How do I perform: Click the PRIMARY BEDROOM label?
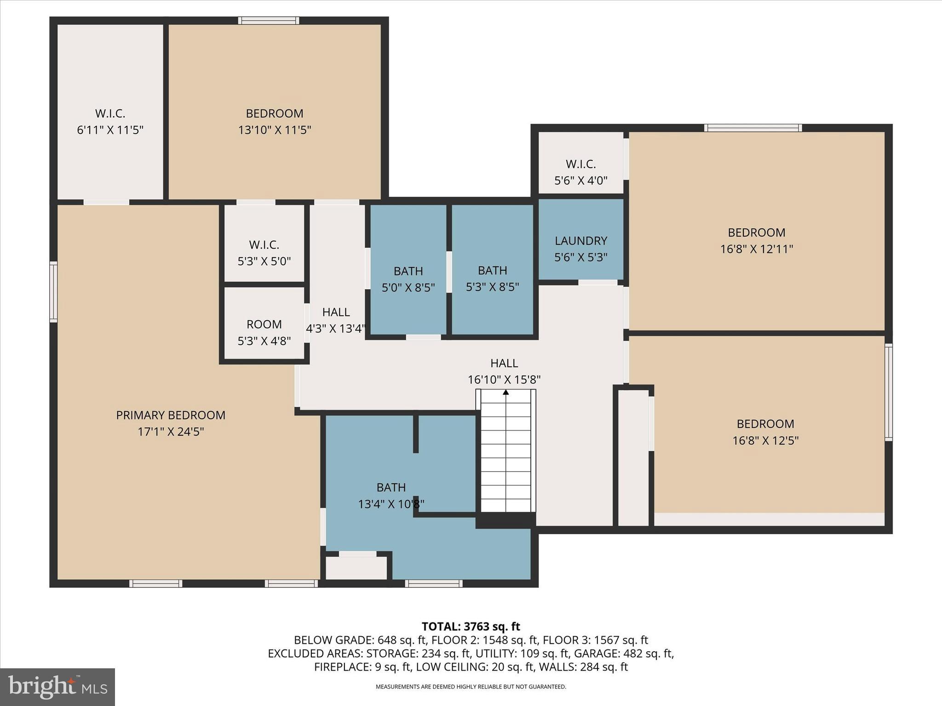click(x=171, y=415)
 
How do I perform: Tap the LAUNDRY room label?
click(x=581, y=240)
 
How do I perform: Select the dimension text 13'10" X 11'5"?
click(x=275, y=130)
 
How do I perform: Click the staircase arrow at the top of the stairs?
click(x=506, y=392)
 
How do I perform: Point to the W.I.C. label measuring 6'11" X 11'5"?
click(x=110, y=113)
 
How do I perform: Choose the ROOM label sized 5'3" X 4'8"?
click(x=264, y=324)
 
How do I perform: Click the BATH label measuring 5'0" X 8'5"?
click(x=408, y=271)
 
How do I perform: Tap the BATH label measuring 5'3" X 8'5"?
click(x=492, y=270)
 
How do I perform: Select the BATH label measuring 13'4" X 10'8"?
click(x=391, y=487)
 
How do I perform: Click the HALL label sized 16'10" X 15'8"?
click(x=504, y=363)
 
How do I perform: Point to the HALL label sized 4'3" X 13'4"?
click(x=336, y=312)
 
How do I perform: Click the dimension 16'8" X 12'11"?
click(x=757, y=249)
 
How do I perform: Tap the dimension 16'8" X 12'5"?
click(x=765, y=440)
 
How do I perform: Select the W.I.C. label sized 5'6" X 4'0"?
click(x=580, y=164)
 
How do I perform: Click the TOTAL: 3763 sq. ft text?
click(x=471, y=626)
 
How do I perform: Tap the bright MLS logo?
click(x=57, y=687)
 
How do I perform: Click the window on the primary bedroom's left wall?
click(x=53, y=292)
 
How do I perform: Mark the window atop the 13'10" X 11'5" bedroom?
click(x=269, y=20)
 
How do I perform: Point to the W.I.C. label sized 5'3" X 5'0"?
click(x=264, y=245)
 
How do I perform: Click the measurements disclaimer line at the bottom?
click(x=471, y=687)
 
